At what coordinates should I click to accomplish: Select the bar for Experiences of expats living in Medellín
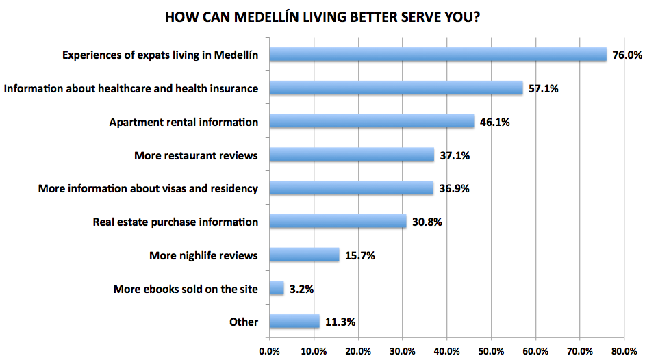(x=438, y=55)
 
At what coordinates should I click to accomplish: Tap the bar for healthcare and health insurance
(x=396, y=88)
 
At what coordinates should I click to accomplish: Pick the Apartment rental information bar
(x=372, y=122)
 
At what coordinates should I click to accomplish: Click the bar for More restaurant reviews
(x=352, y=155)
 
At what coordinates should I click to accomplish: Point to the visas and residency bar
(x=351, y=188)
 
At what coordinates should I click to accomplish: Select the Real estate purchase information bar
(x=338, y=222)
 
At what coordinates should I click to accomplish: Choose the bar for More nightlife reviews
(x=304, y=255)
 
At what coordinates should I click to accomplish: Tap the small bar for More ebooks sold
(x=277, y=289)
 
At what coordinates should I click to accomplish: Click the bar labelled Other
(x=294, y=322)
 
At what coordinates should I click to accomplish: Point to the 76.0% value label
(x=627, y=55)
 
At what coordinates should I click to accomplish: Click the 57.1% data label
(x=543, y=88)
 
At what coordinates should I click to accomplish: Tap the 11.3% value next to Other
(x=340, y=322)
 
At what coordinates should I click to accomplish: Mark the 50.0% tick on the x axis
(x=492, y=351)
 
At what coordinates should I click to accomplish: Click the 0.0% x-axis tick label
(x=270, y=351)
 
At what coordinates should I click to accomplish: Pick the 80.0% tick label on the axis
(x=624, y=351)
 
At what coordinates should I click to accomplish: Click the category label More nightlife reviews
(x=203, y=256)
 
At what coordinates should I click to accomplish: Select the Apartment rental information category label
(x=184, y=122)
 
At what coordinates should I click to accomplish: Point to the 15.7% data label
(x=359, y=255)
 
